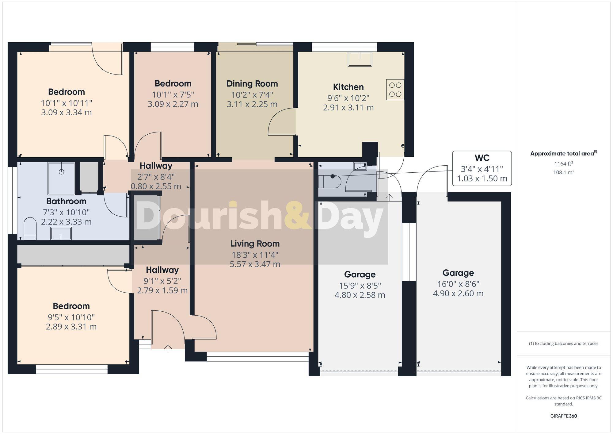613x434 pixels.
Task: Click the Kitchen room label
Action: (348, 87)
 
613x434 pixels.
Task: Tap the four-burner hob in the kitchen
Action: (395, 90)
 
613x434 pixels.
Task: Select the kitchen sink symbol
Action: (360, 59)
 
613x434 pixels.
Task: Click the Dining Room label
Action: (252, 84)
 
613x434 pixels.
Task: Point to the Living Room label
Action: (255, 244)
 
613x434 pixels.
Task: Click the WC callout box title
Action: (482, 158)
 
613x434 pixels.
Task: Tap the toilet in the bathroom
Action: (30, 229)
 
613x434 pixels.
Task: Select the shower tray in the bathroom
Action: (61, 178)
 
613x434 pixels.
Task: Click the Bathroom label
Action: (66, 201)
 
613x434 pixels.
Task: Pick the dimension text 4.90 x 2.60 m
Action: (458, 294)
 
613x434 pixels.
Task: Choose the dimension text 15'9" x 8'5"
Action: (360, 286)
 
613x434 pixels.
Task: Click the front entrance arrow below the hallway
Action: (168, 348)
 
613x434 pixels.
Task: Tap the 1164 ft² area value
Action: (563, 164)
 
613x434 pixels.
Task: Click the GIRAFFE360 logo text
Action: (564, 416)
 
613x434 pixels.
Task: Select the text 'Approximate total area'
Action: (562, 154)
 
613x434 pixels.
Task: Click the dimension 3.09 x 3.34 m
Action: (66, 113)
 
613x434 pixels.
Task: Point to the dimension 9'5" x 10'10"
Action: (71, 317)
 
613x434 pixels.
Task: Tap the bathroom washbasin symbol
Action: (61, 234)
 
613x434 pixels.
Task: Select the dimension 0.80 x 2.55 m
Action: (156, 186)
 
